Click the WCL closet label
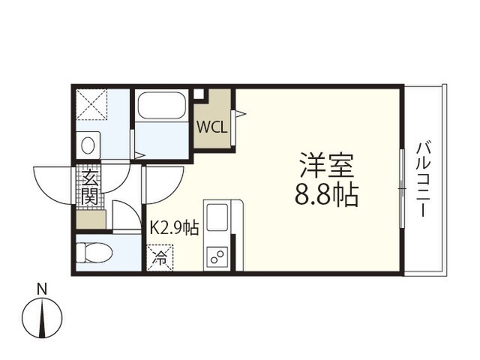click(x=211, y=127)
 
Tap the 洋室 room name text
click(x=327, y=165)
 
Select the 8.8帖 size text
click(x=326, y=195)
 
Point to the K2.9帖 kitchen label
click(x=174, y=228)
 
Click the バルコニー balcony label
click(x=423, y=179)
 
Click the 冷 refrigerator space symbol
click(x=160, y=258)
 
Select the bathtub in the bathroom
click(x=162, y=105)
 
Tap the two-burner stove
click(x=217, y=255)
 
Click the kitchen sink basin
click(x=217, y=217)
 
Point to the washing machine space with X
click(x=91, y=104)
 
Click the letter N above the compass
click(x=42, y=289)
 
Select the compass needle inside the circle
click(x=42, y=318)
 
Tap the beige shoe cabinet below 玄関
click(x=91, y=220)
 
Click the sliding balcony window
click(x=403, y=188)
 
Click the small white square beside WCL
click(x=199, y=94)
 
